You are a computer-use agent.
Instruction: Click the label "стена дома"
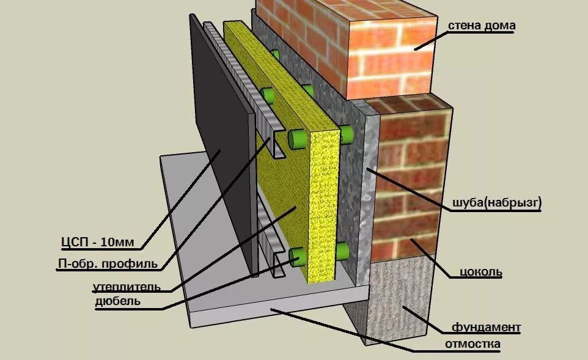tap(482, 25)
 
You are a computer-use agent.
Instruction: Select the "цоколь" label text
tap(481, 271)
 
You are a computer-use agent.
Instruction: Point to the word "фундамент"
tap(486, 328)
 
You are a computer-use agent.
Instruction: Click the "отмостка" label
tap(472, 343)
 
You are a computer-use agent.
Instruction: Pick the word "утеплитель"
tap(127, 287)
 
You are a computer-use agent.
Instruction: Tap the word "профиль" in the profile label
tap(130, 263)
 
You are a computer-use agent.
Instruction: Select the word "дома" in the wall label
tap(499, 25)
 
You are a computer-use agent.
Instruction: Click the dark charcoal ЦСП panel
tap(221, 142)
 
